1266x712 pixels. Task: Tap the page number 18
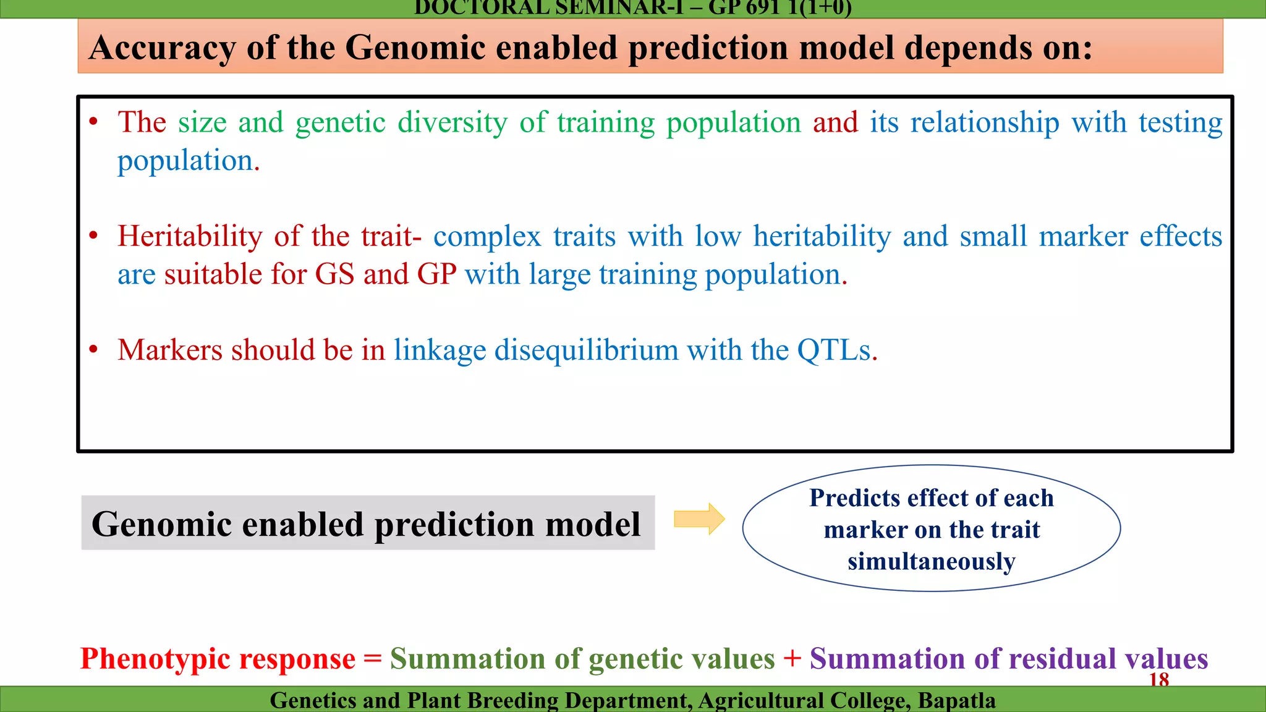(x=1158, y=680)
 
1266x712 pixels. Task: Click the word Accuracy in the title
(x=162, y=48)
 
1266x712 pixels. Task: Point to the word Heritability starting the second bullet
(x=190, y=237)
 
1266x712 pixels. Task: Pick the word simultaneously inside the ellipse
(x=931, y=562)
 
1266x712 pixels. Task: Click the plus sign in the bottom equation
(x=792, y=658)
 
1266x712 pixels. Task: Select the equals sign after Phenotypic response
(x=372, y=658)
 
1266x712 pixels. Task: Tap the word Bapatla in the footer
(x=956, y=700)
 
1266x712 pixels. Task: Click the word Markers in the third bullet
(x=169, y=350)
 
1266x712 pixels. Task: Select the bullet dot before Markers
(x=93, y=350)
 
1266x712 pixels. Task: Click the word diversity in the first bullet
(x=452, y=122)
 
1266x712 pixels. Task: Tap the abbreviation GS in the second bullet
(x=334, y=274)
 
